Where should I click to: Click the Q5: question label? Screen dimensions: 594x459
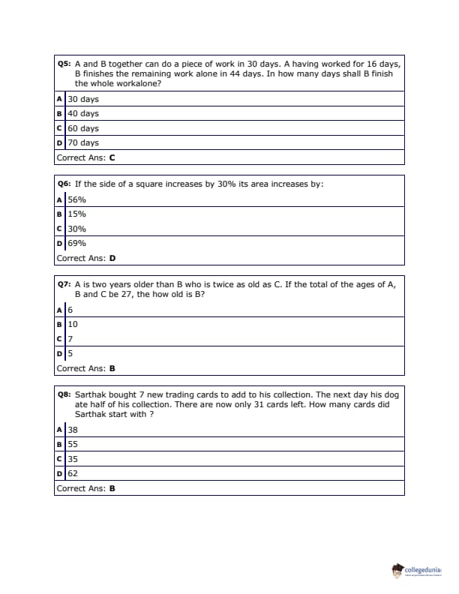pyautogui.click(x=64, y=64)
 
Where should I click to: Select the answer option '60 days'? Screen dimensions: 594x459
pyautogui.click(x=83, y=128)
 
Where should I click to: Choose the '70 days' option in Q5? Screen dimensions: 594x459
pyautogui.click(x=83, y=142)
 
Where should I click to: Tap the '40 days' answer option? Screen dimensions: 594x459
pyautogui.click(x=83, y=114)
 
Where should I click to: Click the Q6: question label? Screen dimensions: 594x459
pyautogui.click(x=64, y=184)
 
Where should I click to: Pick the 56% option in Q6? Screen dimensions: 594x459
pyautogui.click(x=76, y=199)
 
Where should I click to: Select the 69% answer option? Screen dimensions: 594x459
pyautogui.click(x=76, y=243)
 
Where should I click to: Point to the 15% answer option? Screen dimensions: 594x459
pyautogui.click(x=76, y=214)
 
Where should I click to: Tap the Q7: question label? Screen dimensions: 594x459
pyautogui.click(x=64, y=284)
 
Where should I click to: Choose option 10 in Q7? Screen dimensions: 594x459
pyautogui.click(x=73, y=325)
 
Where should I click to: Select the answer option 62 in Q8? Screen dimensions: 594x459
pyautogui.click(x=73, y=473)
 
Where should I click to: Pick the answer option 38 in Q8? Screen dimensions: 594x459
pyautogui.click(x=73, y=430)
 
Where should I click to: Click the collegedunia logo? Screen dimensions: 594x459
pyautogui.click(x=417, y=571)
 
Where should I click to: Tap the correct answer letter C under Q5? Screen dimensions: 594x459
pyautogui.click(x=112, y=157)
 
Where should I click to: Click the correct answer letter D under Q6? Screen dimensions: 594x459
pyautogui.click(x=112, y=258)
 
